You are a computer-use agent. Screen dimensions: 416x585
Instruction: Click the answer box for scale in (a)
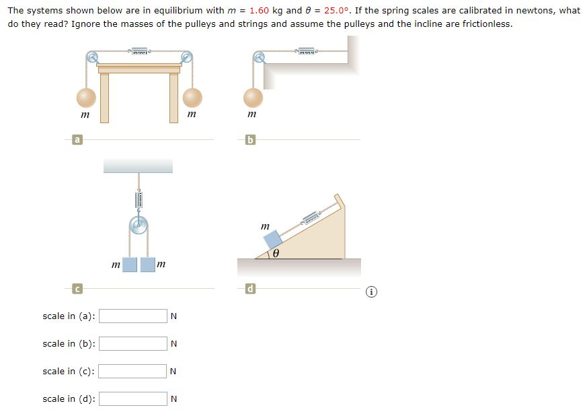point(133,316)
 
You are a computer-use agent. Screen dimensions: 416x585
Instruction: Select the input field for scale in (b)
point(133,343)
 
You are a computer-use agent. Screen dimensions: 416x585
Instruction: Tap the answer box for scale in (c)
point(133,371)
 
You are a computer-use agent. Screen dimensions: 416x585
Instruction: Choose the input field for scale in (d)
point(133,398)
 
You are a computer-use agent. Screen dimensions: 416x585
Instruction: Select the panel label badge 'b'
point(250,139)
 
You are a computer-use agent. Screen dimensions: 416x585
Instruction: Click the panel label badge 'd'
point(250,289)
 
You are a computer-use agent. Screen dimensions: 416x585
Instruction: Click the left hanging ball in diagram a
point(86,98)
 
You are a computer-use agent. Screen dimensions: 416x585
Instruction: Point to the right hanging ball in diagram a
point(192,98)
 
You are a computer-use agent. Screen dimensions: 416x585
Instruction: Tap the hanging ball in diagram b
point(253,98)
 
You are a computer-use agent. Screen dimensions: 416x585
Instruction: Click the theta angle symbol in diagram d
point(276,254)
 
